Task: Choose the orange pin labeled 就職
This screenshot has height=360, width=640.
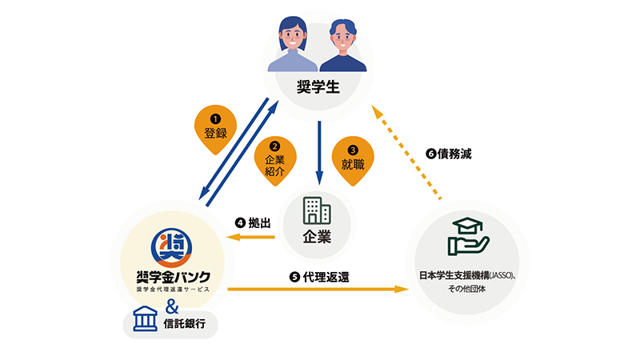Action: coord(354,154)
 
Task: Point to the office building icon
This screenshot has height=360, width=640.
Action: coord(316,210)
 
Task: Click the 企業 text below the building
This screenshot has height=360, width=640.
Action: coord(317,237)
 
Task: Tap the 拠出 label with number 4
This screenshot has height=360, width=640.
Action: coord(255,222)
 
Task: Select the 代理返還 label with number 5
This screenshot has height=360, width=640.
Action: coord(319,276)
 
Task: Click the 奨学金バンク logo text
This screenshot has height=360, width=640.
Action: coord(173,277)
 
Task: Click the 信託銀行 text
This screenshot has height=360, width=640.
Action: coord(188,324)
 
